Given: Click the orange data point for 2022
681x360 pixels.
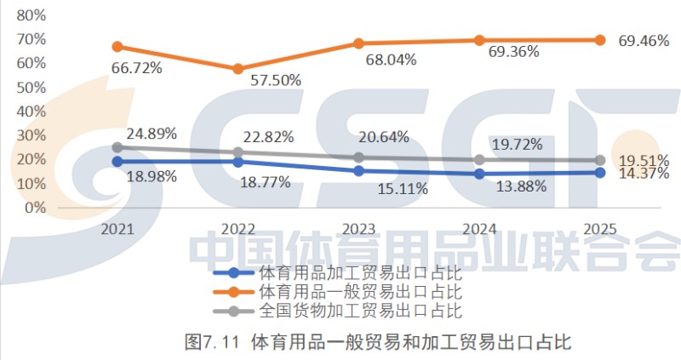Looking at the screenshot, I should click(238, 69).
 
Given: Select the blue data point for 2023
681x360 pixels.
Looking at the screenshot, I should click(358, 171).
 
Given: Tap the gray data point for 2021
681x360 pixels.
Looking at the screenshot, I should click(117, 147).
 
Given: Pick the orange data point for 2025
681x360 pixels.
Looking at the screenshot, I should click(599, 40).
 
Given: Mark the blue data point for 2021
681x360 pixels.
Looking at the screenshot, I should click(117, 162).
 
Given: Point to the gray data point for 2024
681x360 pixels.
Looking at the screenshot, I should click(479, 159).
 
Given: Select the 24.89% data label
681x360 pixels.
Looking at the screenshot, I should click(152, 134).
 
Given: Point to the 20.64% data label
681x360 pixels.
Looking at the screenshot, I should click(384, 136).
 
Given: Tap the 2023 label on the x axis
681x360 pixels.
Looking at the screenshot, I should click(358, 229).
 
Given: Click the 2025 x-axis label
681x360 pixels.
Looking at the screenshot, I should click(599, 229).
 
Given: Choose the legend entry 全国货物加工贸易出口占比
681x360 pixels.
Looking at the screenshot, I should click(358, 310).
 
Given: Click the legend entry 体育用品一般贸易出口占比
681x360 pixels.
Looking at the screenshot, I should click(358, 292).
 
